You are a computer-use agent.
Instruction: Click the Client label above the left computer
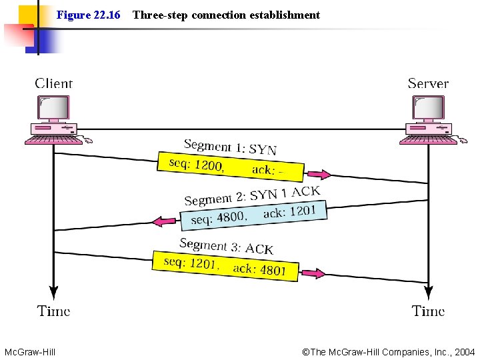[53, 83]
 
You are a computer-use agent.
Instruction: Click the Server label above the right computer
[428, 83]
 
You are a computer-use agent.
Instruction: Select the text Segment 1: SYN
[230, 147]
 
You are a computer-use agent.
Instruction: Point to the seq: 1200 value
[195, 164]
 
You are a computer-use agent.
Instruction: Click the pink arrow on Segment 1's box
[318, 175]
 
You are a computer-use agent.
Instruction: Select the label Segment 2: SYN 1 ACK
[252, 195]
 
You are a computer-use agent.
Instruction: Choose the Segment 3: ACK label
[226, 246]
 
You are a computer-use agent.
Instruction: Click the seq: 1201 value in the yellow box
[190, 263]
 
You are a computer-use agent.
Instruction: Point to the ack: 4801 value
[259, 269]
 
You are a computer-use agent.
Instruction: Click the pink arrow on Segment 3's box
[312, 273]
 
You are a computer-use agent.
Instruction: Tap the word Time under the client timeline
[53, 311]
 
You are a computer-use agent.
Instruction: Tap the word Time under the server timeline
[428, 311]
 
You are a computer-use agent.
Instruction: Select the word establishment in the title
[285, 15]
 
